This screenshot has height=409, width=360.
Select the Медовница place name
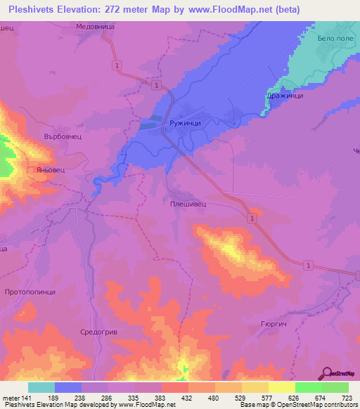tap(95, 27)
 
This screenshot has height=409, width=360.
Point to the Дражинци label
tap(285, 96)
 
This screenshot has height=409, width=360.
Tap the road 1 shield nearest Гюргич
tap(308, 264)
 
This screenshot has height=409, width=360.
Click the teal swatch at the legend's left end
tap(41, 387)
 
